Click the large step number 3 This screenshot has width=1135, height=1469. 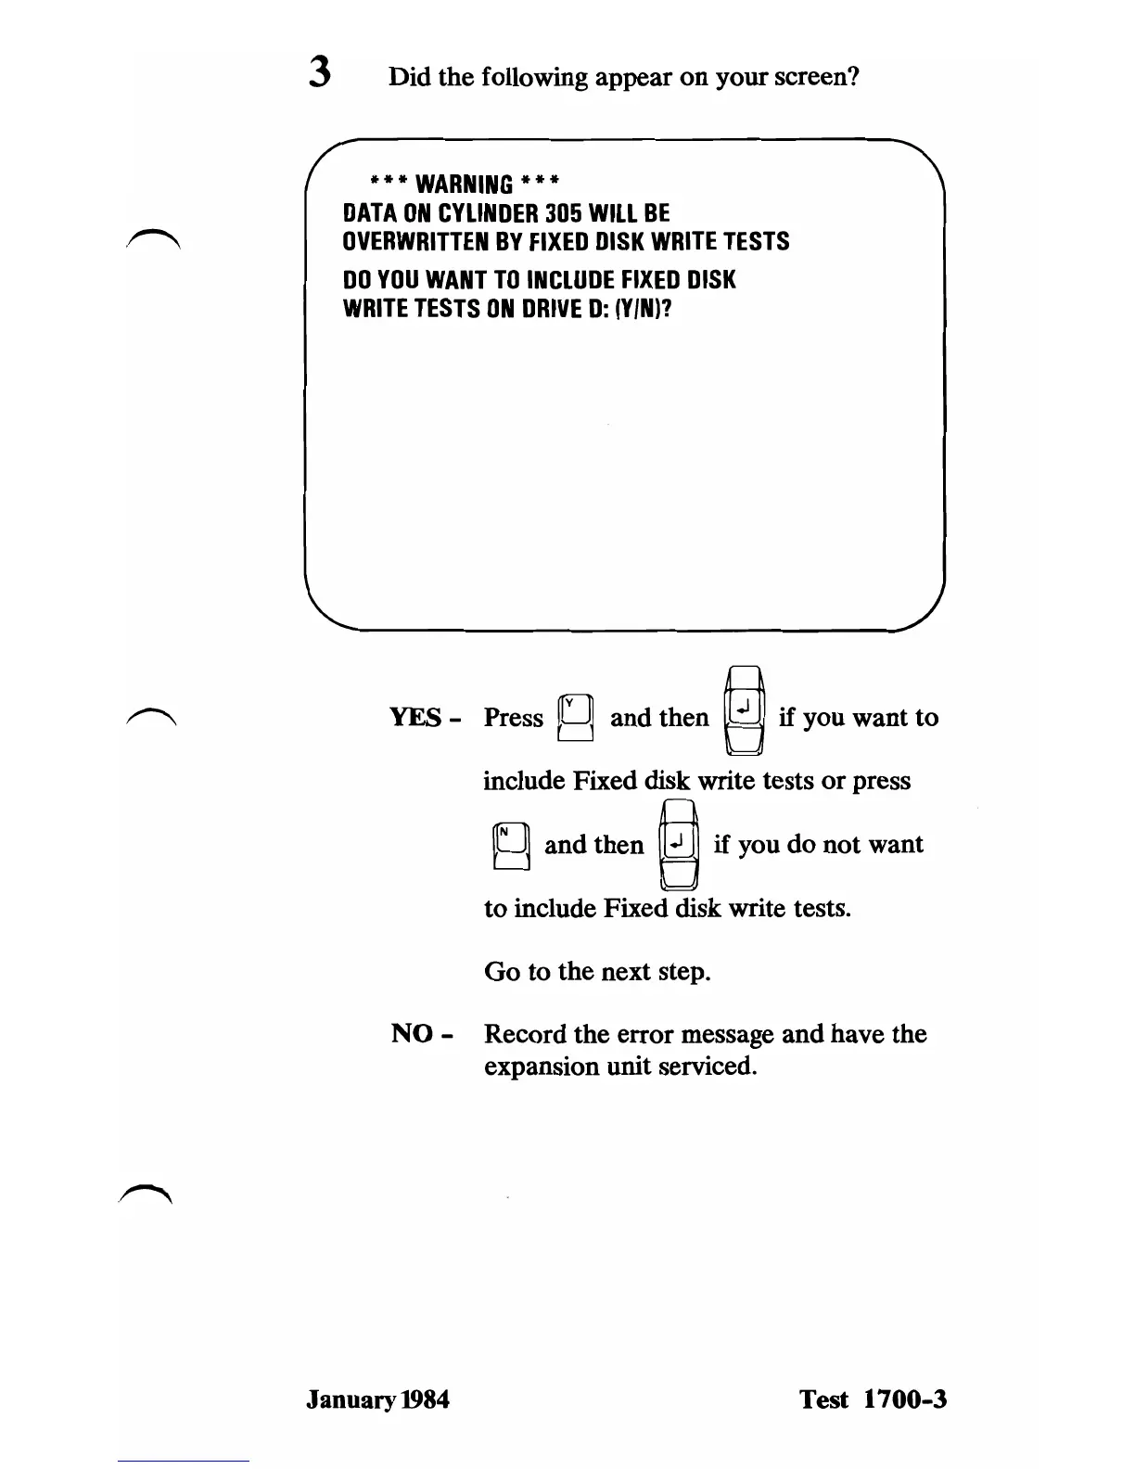(x=320, y=73)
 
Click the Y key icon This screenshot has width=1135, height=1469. (x=575, y=718)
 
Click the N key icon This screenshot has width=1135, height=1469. (x=511, y=845)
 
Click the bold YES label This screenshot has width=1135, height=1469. (x=415, y=718)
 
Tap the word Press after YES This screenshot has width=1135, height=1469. (x=513, y=718)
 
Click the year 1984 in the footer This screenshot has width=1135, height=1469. (x=426, y=1399)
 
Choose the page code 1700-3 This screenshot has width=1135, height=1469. (x=905, y=1399)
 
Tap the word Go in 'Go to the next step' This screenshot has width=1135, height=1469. (x=502, y=971)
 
